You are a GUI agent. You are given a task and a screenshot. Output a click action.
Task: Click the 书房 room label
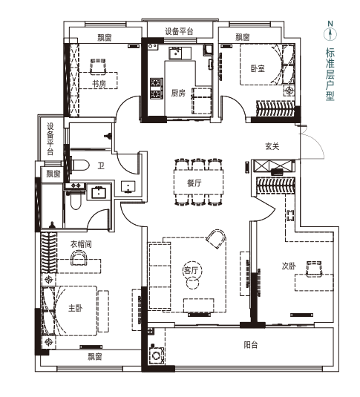99,84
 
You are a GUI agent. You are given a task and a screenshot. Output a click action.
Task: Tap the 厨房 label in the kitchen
178,93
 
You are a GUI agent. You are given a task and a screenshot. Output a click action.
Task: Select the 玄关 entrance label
272,146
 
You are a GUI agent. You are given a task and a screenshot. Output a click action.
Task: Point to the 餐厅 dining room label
194,183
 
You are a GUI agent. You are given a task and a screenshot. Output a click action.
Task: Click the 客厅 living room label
191,270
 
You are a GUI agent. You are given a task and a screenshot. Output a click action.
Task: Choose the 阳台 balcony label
251,345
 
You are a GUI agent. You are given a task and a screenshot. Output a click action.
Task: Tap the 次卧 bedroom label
289,266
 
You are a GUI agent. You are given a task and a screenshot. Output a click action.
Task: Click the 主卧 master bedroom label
76,308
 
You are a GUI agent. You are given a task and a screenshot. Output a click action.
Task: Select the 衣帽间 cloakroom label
81,244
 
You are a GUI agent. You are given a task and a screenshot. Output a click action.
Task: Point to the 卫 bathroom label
101,165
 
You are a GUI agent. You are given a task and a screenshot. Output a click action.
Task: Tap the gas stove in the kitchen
156,88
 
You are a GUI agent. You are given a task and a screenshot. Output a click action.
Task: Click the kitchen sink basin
175,53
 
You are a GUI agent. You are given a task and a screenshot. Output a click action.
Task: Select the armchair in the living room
216,238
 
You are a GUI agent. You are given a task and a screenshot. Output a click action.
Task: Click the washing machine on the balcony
157,355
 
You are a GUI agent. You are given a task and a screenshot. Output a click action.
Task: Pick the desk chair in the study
98,66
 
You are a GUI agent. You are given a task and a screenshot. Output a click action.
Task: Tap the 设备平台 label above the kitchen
179,31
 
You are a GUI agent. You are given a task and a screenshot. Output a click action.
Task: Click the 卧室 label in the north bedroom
258,68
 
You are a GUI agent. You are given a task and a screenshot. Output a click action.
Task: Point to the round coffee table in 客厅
192,283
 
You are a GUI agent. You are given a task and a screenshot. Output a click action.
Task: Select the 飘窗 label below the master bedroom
95,357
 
